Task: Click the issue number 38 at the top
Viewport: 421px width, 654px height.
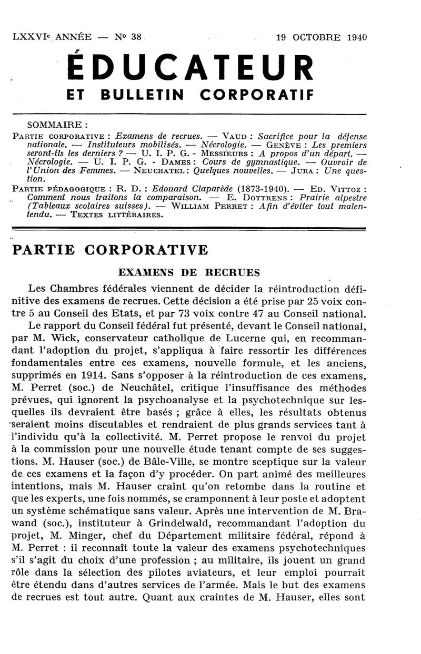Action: [x=136, y=37]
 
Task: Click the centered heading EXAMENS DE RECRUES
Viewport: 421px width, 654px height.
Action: [x=189, y=272]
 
